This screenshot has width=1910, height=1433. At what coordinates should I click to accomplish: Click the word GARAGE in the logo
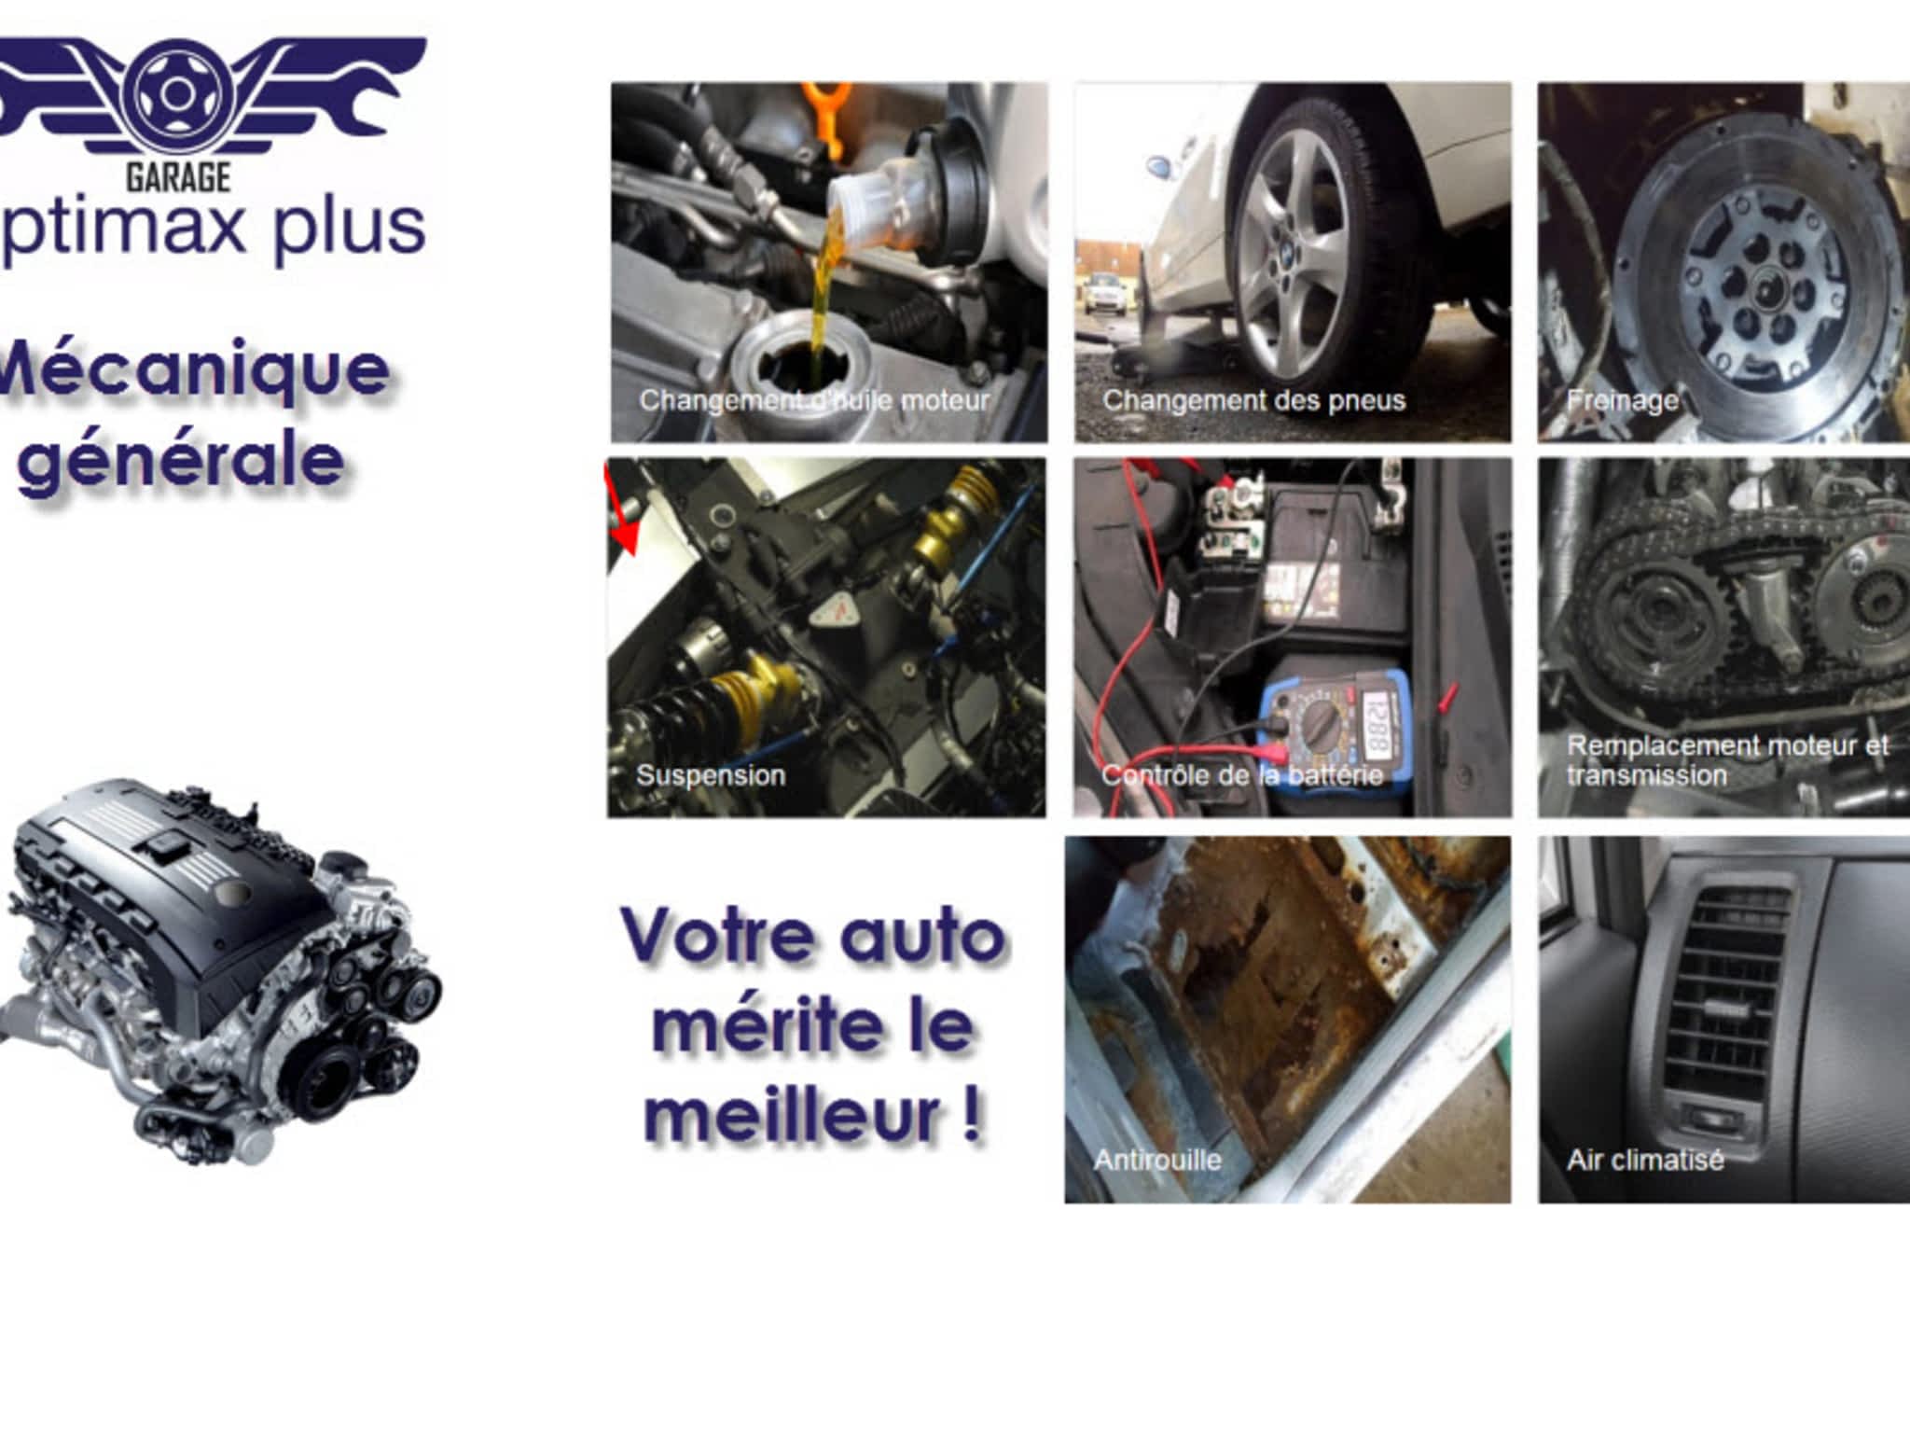(x=178, y=176)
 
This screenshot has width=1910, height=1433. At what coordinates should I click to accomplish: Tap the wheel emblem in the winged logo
(x=175, y=93)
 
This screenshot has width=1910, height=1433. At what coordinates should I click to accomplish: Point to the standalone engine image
(x=222, y=970)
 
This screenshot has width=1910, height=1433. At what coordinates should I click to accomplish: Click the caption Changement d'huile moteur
(x=813, y=400)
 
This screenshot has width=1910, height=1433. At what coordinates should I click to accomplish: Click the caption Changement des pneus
(x=1253, y=400)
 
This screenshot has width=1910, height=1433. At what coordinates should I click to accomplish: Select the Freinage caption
(x=1622, y=400)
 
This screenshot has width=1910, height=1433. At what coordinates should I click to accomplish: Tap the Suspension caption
(x=711, y=775)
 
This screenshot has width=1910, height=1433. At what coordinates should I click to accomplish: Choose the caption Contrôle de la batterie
(x=1241, y=775)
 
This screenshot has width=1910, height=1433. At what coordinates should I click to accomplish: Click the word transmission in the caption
(x=1646, y=775)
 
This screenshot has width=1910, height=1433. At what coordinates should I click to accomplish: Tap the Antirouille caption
(x=1156, y=1160)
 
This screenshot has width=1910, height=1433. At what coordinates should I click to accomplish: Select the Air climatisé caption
(x=1645, y=1160)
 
